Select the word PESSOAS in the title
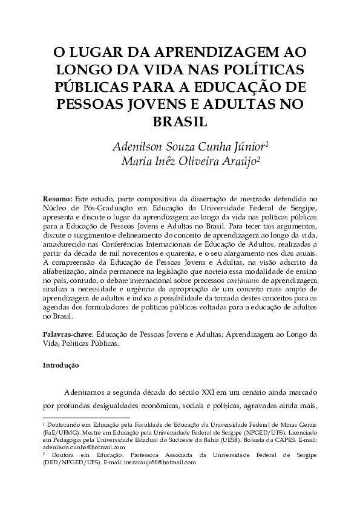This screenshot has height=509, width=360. click(x=97, y=103)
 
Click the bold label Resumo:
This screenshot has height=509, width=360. click(x=57, y=198)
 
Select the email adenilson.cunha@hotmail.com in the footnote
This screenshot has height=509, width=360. click(x=83, y=447)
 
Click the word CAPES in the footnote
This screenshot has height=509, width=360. click(x=292, y=440)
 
